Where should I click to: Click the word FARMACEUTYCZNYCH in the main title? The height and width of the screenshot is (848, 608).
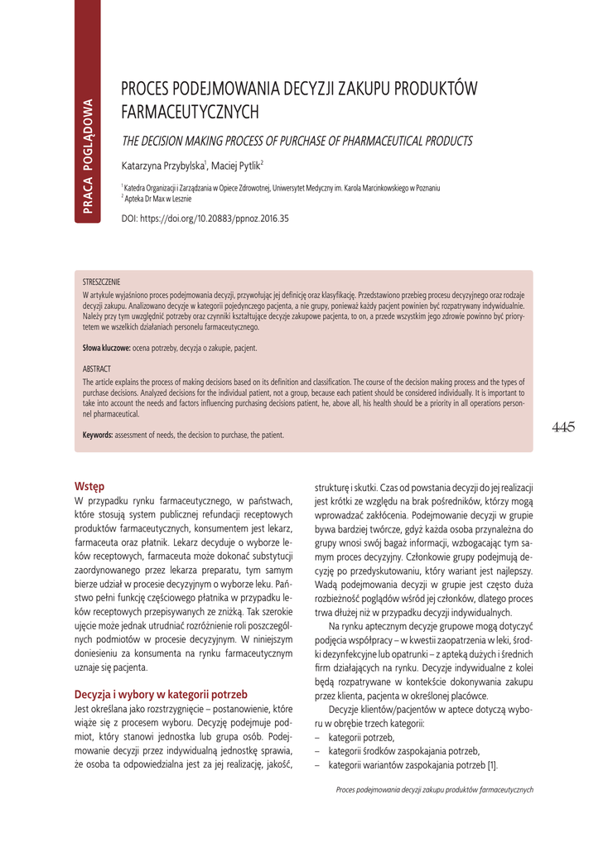coord(191,111)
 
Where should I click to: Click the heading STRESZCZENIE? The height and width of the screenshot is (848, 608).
coord(101,282)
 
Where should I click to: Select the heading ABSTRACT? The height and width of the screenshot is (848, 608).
coord(97,368)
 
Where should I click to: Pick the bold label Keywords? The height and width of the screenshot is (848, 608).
coord(98,435)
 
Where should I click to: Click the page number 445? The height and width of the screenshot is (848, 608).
coord(562,427)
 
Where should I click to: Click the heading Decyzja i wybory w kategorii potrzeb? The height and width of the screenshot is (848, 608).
coord(161,694)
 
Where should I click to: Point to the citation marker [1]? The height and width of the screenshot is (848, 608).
coord(492,764)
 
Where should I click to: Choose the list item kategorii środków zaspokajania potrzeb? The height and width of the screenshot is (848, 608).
coord(403,751)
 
